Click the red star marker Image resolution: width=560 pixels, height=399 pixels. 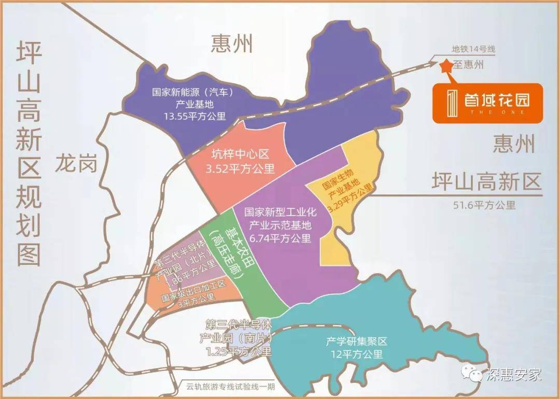pyautogui.click(x=445, y=66)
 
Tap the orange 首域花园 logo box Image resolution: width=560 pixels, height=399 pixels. pyautogui.click(x=487, y=103)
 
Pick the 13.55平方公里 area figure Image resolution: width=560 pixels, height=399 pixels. pyautogui.click(x=191, y=116)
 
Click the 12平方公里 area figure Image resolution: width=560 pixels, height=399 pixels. pyautogui.click(x=357, y=355)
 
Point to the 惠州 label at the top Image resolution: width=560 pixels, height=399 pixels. pyautogui.click(x=232, y=44)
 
